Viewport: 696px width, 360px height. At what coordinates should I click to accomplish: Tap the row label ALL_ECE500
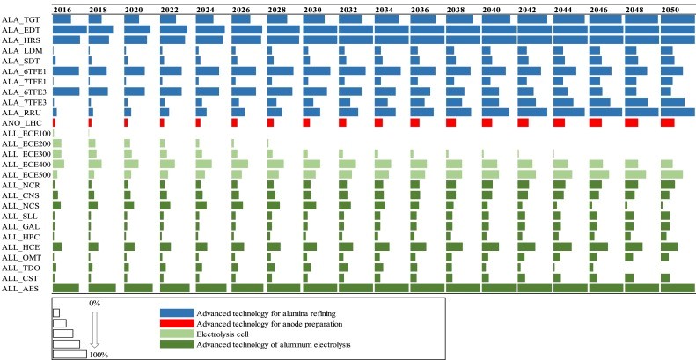(26, 174)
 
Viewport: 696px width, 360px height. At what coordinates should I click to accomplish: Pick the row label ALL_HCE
(18, 246)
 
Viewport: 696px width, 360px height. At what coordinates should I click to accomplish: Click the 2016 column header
(62, 7)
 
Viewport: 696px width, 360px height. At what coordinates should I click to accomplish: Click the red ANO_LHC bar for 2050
(667, 122)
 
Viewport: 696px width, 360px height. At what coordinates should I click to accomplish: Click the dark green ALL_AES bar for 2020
(138, 288)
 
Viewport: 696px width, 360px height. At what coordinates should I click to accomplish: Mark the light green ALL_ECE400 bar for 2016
(59, 164)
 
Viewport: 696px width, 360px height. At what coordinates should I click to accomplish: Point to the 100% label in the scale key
(98, 354)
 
